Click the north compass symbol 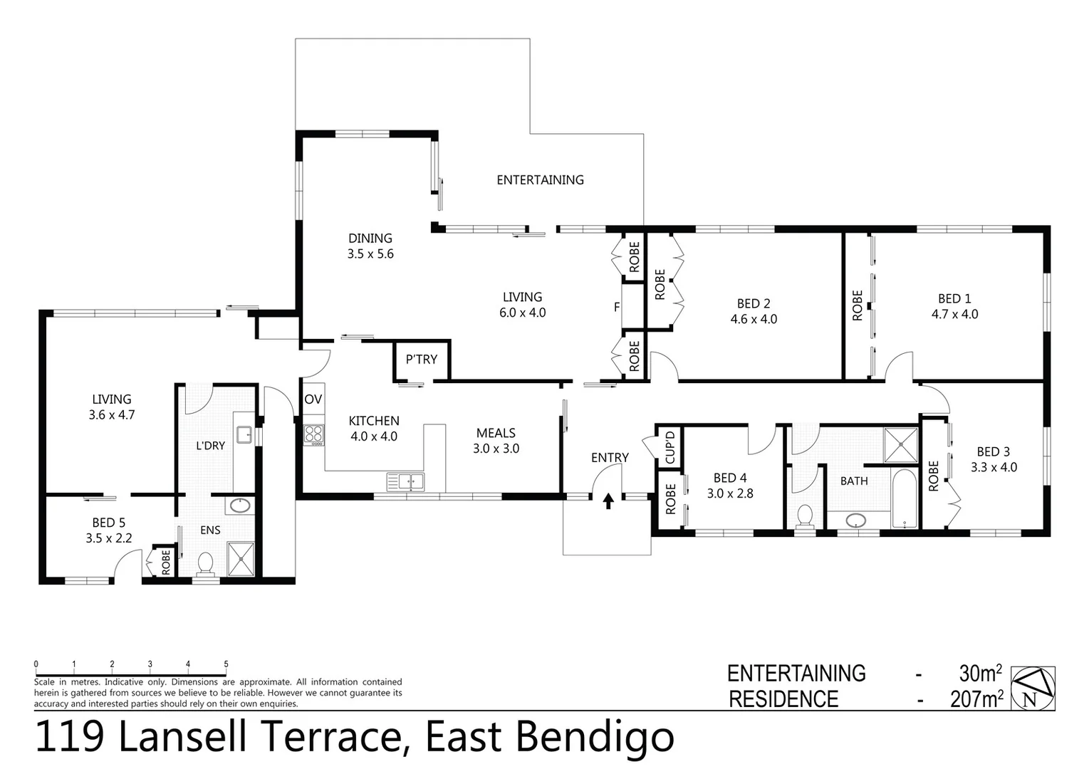1033,689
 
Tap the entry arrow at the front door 608,501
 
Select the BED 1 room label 954,299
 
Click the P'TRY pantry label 421,360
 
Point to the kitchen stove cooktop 314,434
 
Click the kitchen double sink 405,482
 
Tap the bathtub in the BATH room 905,498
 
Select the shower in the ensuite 240,558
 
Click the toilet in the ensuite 206,563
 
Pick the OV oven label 313,399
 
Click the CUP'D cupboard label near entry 669,446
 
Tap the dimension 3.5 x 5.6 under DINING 370,254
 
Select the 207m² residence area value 976,699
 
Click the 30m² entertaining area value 980,673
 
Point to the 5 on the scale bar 226,664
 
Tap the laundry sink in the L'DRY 244,434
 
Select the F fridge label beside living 617,308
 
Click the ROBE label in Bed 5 166,562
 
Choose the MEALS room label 496,433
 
